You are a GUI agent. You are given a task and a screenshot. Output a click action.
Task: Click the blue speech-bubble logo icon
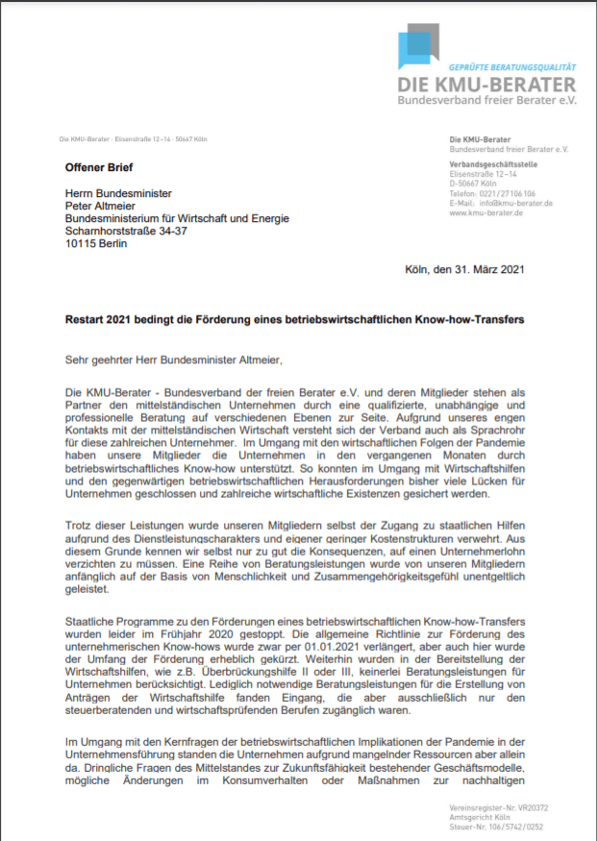click(x=418, y=47)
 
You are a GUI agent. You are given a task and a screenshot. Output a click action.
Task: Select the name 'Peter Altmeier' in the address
click(x=100, y=204)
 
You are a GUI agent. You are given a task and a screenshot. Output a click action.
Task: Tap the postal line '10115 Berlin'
click(x=95, y=243)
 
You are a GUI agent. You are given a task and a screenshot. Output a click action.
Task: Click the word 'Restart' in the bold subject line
click(x=87, y=319)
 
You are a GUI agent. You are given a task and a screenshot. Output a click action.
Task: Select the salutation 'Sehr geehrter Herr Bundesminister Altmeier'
click(x=175, y=360)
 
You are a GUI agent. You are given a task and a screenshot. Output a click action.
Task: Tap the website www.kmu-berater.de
click(x=485, y=212)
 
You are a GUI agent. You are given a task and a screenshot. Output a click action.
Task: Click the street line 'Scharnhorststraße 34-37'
click(x=127, y=231)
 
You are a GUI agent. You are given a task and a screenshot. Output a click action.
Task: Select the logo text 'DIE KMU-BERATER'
click(x=487, y=85)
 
